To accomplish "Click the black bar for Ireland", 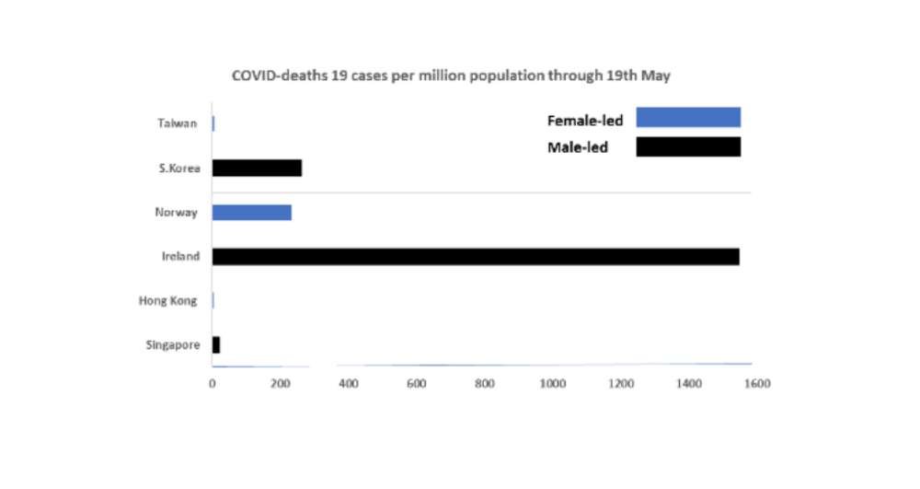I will [476, 257].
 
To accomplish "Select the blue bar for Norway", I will [252, 213].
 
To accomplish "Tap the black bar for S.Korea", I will [257, 168].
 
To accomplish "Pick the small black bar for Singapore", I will [216, 345].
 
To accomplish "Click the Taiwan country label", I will [177, 123].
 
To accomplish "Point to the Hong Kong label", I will [167, 301].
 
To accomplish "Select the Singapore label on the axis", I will [172, 345].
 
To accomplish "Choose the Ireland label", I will [180, 257].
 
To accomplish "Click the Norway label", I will [177, 213].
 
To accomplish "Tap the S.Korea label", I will [178, 168].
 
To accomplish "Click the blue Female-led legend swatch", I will [688, 117].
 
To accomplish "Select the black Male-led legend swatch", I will [688, 147].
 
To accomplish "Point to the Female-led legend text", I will [585, 120].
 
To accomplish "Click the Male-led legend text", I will [578, 147].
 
